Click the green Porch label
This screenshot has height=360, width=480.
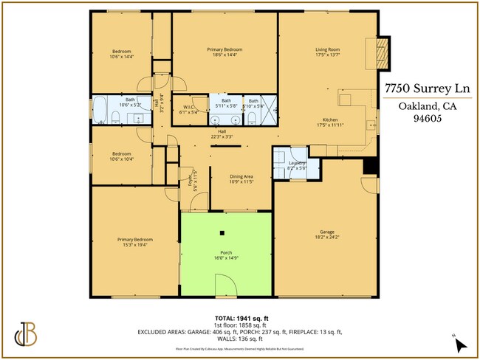pyautogui.click(x=227, y=255)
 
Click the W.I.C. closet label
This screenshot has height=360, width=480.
pyautogui.click(x=188, y=110)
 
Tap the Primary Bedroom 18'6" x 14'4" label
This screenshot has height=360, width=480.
pyautogui.click(x=224, y=52)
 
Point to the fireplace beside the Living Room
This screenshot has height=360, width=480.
pyautogui.click(x=382, y=52)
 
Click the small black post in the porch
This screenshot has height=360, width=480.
pyautogui.click(x=222, y=234)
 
